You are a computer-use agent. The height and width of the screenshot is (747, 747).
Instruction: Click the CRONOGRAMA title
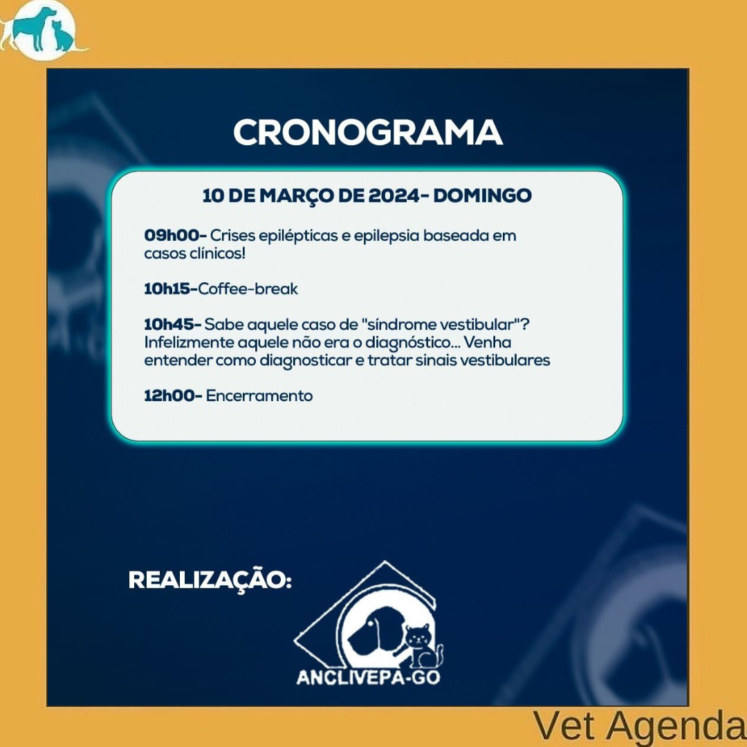click(x=368, y=132)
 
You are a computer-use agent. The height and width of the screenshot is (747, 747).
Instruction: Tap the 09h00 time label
click(x=174, y=235)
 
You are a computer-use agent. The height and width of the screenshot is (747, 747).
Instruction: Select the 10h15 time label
click(x=171, y=288)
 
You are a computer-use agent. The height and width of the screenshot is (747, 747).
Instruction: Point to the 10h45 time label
click(x=172, y=324)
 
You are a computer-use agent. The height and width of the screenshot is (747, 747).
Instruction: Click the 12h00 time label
click(x=173, y=396)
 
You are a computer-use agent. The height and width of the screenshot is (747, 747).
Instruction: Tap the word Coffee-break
click(x=248, y=288)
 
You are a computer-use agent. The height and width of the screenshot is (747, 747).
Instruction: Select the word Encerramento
click(x=259, y=396)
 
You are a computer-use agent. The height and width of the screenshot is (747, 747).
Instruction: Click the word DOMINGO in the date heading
click(x=482, y=195)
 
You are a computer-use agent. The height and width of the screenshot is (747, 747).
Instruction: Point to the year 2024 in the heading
click(x=393, y=195)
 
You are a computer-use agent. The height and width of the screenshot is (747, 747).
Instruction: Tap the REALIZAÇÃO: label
click(x=210, y=580)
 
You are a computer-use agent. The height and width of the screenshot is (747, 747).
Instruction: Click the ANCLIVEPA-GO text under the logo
click(x=368, y=677)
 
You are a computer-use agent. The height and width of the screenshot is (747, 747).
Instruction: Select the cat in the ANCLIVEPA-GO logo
click(x=422, y=647)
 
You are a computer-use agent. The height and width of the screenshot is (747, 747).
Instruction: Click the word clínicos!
click(x=218, y=253)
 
